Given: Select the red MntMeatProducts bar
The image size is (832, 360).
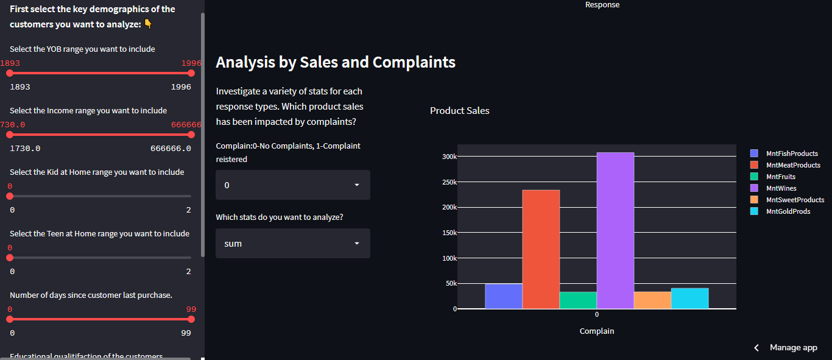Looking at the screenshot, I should tap(541, 249).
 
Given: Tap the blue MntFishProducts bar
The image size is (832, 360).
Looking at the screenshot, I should tap(504, 296).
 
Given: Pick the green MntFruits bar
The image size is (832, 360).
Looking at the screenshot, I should tap(578, 300).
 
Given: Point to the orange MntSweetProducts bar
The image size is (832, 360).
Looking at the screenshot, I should tap(652, 300).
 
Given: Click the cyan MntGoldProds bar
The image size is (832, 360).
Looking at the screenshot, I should tap(689, 298).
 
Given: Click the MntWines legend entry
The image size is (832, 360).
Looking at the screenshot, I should tap(781, 188).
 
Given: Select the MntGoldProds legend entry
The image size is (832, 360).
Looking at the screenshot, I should tap(788, 211).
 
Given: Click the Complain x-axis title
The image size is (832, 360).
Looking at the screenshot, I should tap(597, 331).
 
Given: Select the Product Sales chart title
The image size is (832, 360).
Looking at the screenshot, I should tap(460, 111).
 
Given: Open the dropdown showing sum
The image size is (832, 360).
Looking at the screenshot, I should tap(293, 244).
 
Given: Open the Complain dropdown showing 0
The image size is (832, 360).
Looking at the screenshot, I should tap(293, 185).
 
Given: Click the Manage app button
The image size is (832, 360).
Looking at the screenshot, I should tap(786, 347).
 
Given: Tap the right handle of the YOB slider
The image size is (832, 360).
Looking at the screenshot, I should tap(191, 73).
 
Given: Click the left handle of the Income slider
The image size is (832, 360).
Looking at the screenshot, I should tap(10, 135).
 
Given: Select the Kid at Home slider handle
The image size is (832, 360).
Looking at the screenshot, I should tap(10, 196).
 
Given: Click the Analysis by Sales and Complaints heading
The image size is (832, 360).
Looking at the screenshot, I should tap(336, 62).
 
